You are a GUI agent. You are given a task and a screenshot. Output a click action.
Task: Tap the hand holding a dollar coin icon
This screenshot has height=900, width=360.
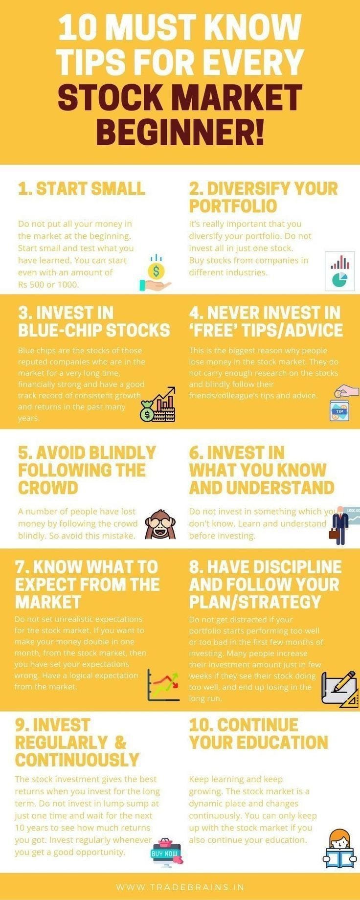tap(155, 273)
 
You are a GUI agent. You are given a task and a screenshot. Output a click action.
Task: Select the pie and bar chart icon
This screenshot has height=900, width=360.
tap(340, 271)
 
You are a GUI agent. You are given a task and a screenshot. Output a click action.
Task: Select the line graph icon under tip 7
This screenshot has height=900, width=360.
tap(163, 684)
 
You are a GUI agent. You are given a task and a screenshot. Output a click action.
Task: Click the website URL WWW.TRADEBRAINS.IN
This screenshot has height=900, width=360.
tap(180, 887)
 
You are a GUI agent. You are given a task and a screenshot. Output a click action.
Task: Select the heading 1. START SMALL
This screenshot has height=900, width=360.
tap(81, 189)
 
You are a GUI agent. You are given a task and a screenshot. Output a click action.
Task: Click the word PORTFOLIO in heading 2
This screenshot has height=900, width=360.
tap(233, 206)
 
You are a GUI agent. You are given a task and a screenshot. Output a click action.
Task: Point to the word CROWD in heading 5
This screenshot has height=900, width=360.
tap(48, 488)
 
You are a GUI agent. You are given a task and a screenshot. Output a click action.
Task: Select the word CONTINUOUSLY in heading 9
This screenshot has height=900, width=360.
tap(77, 760)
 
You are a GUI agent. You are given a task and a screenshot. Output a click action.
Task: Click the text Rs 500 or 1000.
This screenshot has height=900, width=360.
tap(48, 284)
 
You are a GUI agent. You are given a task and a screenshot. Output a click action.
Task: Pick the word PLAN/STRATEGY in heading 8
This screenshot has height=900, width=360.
tap(255, 602)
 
